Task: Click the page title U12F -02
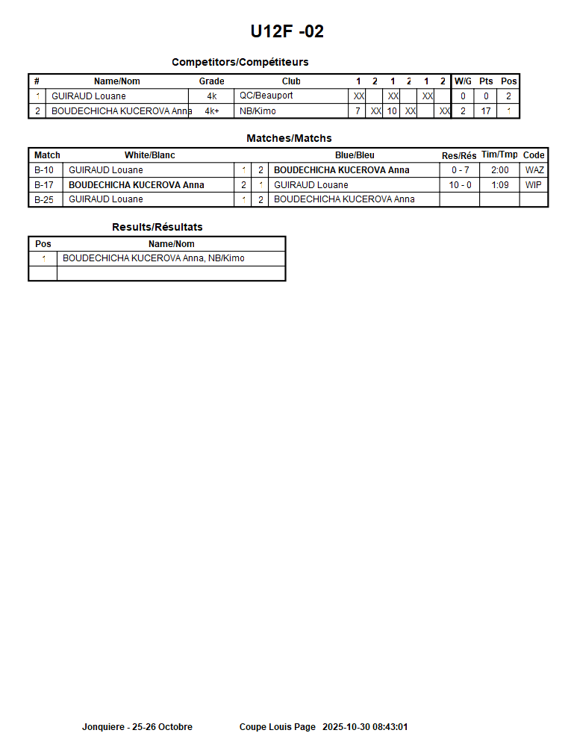[x=287, y=31]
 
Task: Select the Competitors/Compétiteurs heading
[x=240, y=62]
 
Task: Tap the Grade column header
[x=211, y=81]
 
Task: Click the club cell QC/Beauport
[x=266, y=96]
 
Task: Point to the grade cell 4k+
[x=211, y=111]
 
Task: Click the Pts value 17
[x=486, y=111]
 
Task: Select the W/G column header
[x=463, y=81]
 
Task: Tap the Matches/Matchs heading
[x=289, y=138]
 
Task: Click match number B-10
[x=44, y=170]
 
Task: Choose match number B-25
[x=44, y=199]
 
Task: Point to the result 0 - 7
[x=460, y=170]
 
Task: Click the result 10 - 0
[x=460, y=185]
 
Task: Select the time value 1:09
[x=499, y=185]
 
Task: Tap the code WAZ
[x=534, y=170]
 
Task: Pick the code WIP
[x=534, y=185]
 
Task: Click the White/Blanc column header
[x=149, y=155]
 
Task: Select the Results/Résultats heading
[x=157, y=227]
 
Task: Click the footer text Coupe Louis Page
[x=277, y=727]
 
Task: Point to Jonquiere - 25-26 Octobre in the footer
[x=137, y=727]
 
